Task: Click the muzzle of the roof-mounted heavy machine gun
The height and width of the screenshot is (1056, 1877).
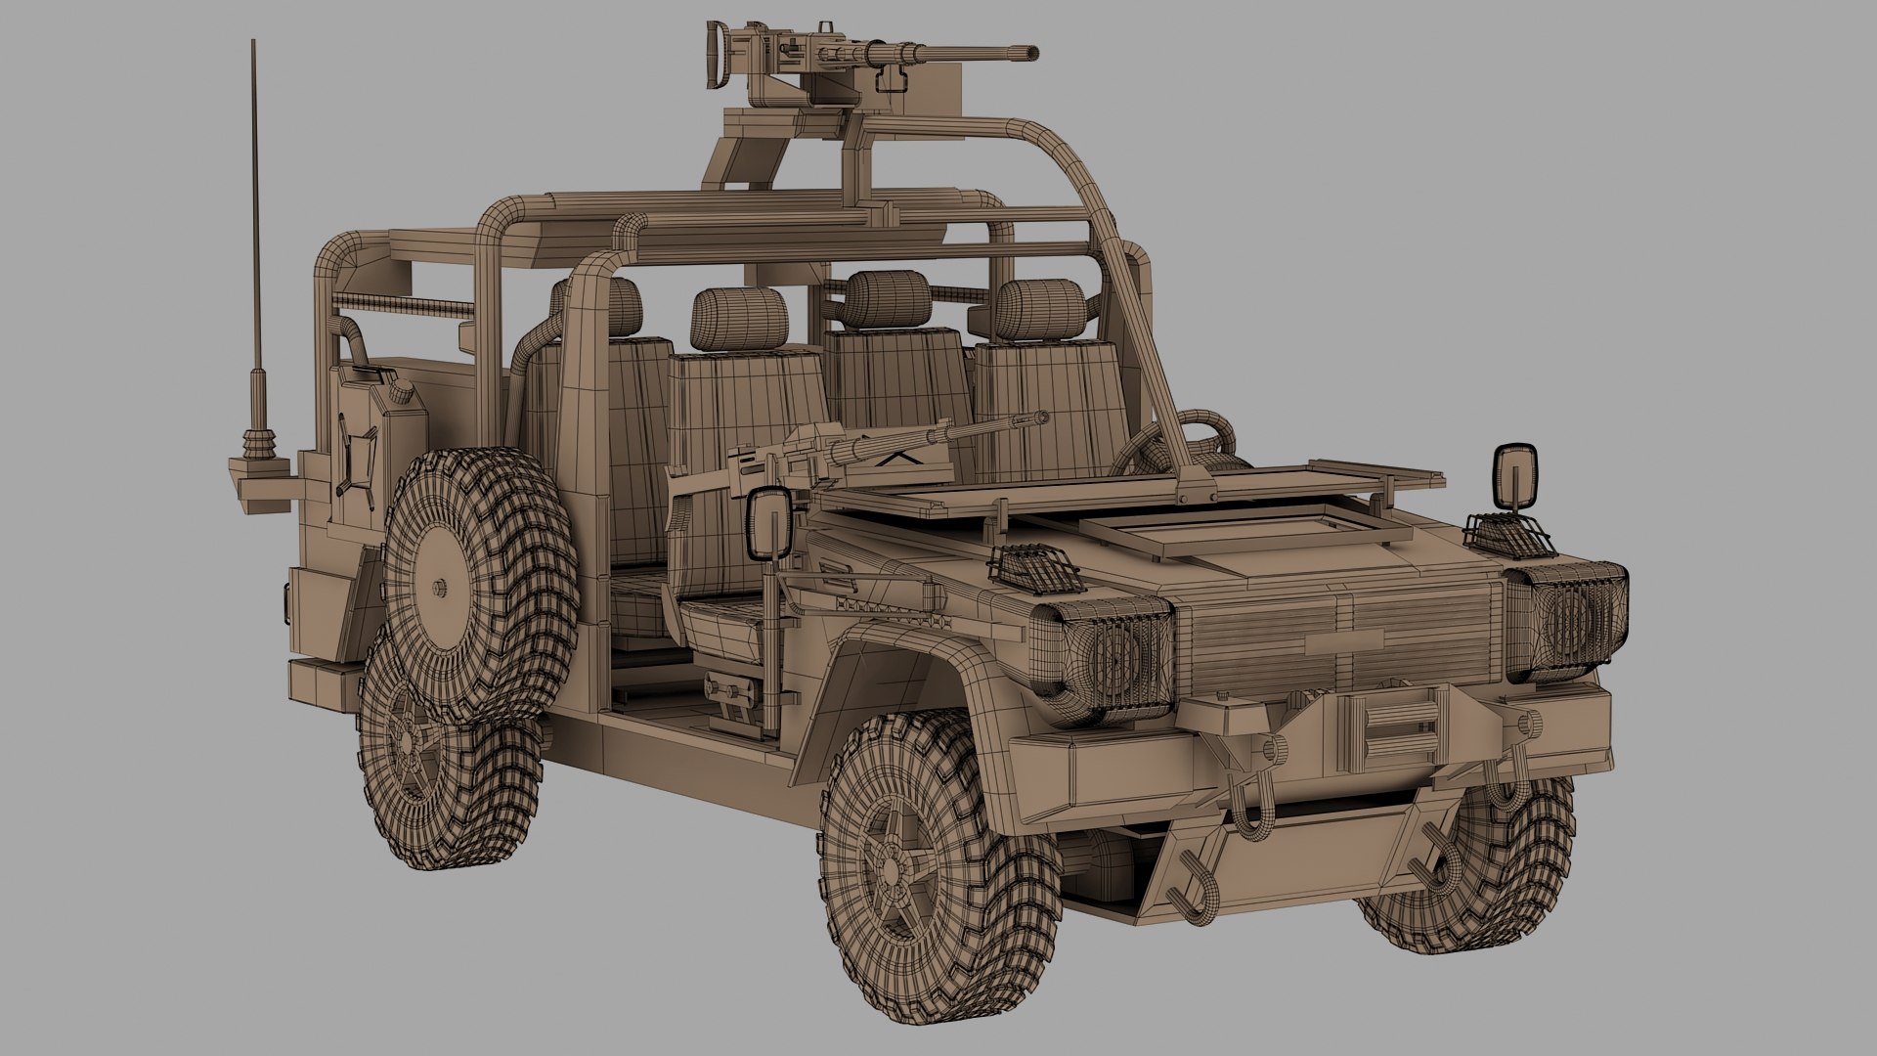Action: click(1031, 51)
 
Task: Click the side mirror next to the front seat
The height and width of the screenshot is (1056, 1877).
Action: click(768, 523)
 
